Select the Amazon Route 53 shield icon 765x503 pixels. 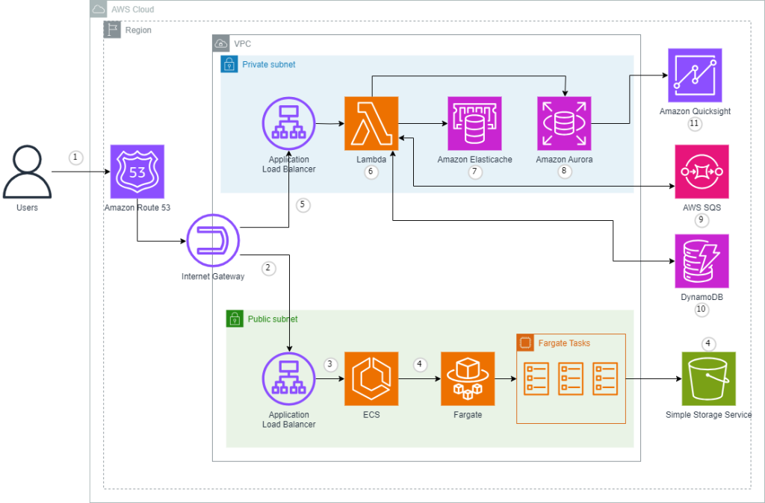click(x=137, y=171)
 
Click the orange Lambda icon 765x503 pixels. click(x=371, y=123)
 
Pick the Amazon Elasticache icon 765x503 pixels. click(x=474, y=123)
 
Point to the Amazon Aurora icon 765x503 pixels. click(x=564, y=123)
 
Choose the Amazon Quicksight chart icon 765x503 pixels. click(x=695, y=75)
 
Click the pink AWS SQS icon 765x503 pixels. click(x=701, y=171)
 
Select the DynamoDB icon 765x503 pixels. click(x=701, y=261)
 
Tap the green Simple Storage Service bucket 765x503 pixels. click(x=708, y=378)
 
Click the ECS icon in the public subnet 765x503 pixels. click(x=371, y=378)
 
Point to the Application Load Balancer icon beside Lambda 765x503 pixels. click(x=289, y=123)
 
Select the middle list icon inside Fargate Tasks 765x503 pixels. click(x=571, y=378)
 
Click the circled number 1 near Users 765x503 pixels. click(x=74, y=157)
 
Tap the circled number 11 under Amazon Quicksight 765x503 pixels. click(x=695, y=124)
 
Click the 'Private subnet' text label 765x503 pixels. click(x=268, y=65)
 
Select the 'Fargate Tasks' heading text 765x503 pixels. click(x=564, y=343)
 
